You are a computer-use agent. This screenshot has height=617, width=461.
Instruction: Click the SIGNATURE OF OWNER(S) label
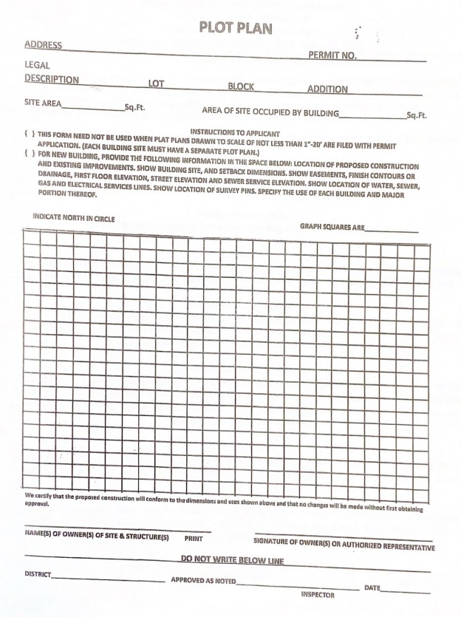(x=344, y=546)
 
